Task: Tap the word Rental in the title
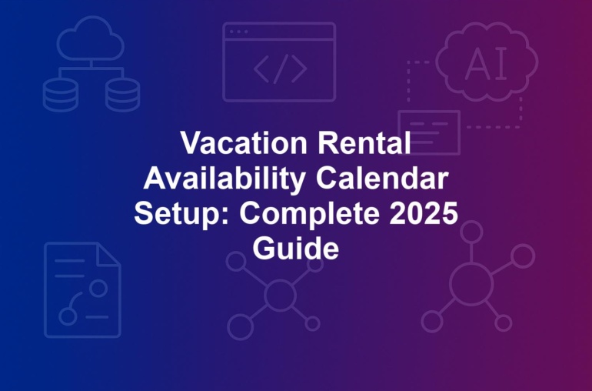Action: pos(364,142)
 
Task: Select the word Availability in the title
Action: pos(224,179)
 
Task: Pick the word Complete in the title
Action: pos(310,214)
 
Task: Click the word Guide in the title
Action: pos(296,248)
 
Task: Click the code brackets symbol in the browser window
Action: pos(280,69)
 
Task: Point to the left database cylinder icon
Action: pos(61,95)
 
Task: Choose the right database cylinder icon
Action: pos(123,95)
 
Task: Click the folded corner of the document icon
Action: pos(108,255)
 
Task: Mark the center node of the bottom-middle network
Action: pos(280,294)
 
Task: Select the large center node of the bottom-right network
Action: pos(471,283)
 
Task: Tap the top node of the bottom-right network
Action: pos(471,232)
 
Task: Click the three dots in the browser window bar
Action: pos(238,32)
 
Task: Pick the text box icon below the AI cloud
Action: pos(429,132)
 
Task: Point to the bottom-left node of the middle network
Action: pos(240,327)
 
